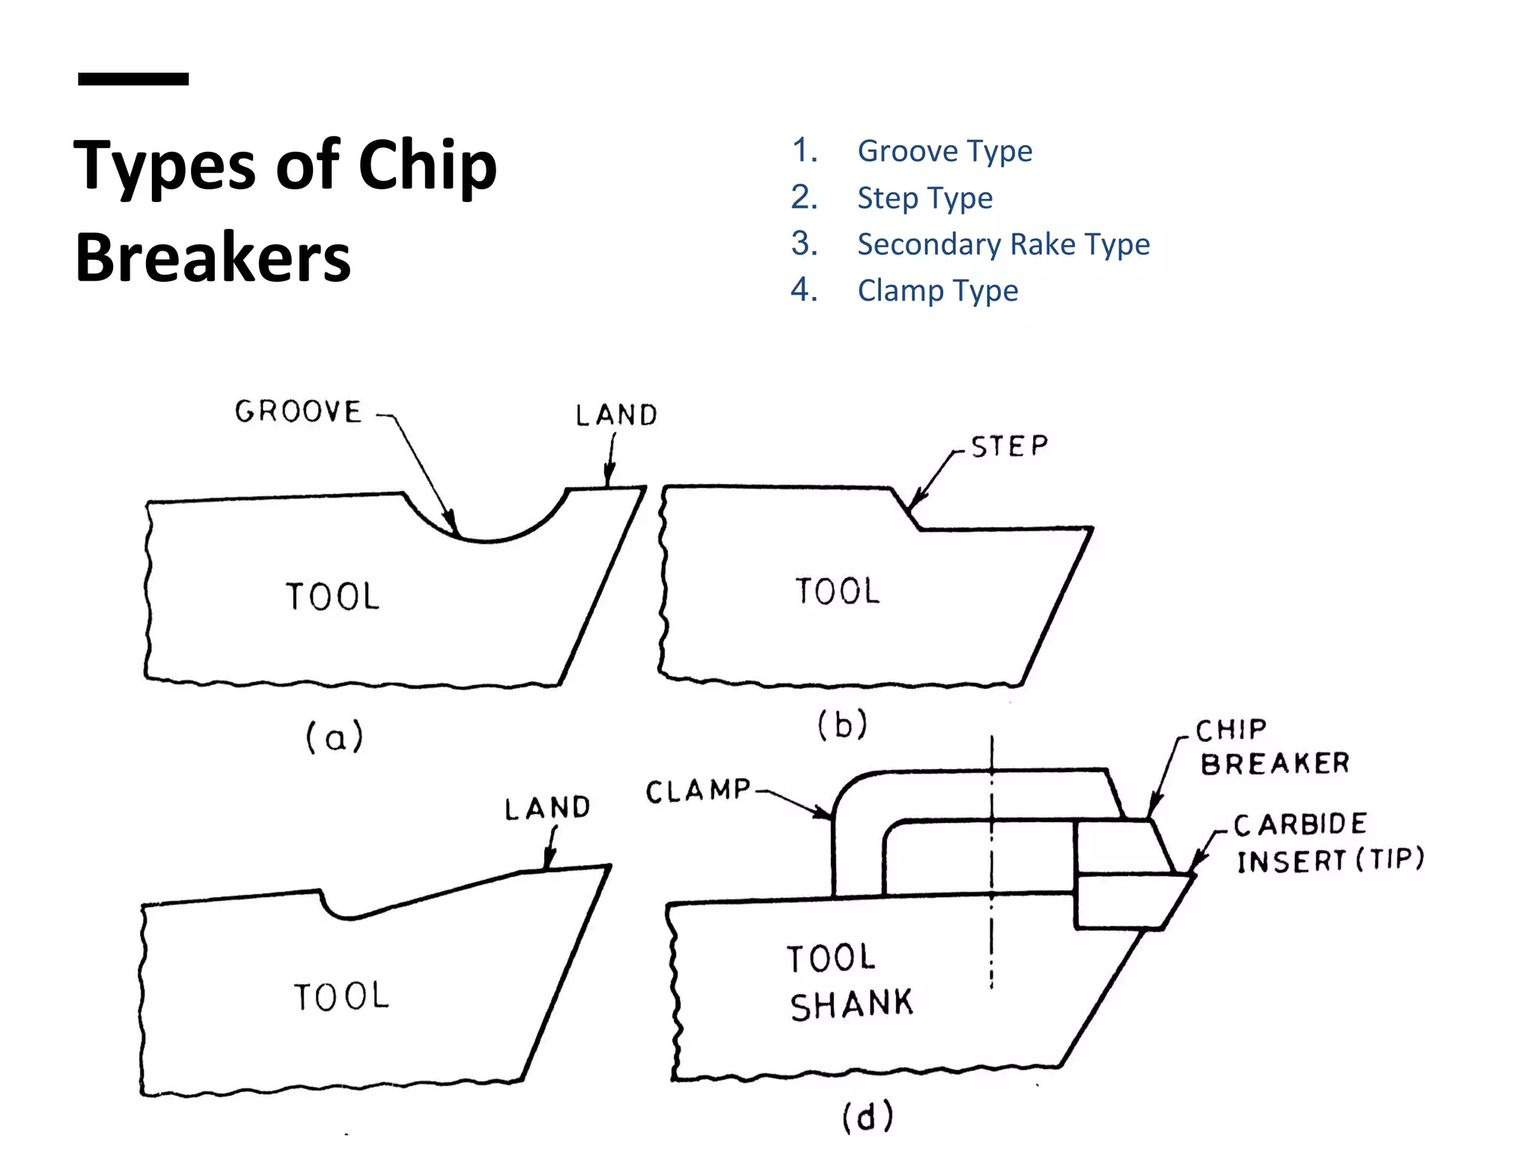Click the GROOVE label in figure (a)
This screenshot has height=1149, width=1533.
click(x=298, y=411)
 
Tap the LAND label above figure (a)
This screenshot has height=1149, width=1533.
click(x=616, y=415)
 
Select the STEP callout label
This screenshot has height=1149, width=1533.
click(x=1009, y=447)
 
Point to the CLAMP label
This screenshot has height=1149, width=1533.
click(x=698, y=791)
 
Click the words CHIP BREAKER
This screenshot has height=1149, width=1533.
click(x=1273, y=747)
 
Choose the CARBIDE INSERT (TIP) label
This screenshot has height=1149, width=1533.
click(x=1329, y=843)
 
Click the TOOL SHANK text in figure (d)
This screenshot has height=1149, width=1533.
click(x=850, y=981)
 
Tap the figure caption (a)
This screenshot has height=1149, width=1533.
click(x=335, y=737)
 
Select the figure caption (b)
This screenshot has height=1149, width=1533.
click(x=842, y=724)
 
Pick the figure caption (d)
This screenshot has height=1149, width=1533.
click(x=868, y=1117)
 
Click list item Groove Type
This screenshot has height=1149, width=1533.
click(x=944, y=151)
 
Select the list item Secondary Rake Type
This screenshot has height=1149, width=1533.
click(x=1003, y=245)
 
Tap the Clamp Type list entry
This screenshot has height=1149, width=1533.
click(x=937, y=291)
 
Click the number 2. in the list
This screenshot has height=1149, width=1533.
click(x=804, y=197)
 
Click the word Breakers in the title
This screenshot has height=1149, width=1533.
click(x=213, y=257)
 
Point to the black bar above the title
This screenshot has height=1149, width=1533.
click(x=133, y=79)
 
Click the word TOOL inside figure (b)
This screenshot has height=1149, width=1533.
click(x=838, y=591)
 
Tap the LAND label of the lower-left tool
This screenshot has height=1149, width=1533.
click(x=547, y=808)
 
